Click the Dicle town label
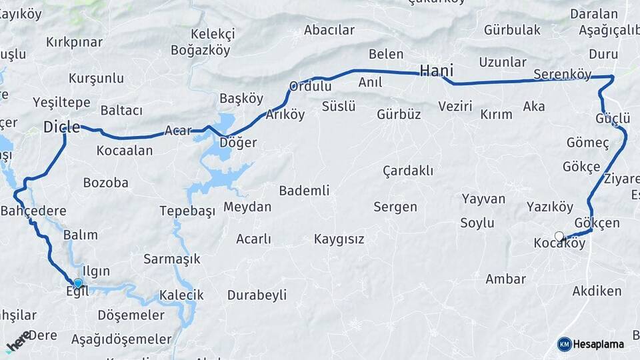click(61, 127)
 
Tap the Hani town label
click(437, 71)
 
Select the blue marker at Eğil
click(78, 284)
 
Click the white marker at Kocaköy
click(559, 236)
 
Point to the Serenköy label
click(562, 74)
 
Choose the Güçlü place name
click(613, 119)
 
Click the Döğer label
click(239, 143)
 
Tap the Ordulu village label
click(310, 86)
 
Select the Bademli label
click(304, 191)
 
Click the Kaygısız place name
click(339, 239)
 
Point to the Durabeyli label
click(257, 295)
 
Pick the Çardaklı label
click(408, 171)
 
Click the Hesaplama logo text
click(598, 344)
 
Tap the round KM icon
click(564, 344)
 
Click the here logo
click(18, 342)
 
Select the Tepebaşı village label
click(187, 211)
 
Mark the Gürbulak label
click(512, 30)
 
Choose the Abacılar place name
click(329, 30)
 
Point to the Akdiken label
click(597, 291)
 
